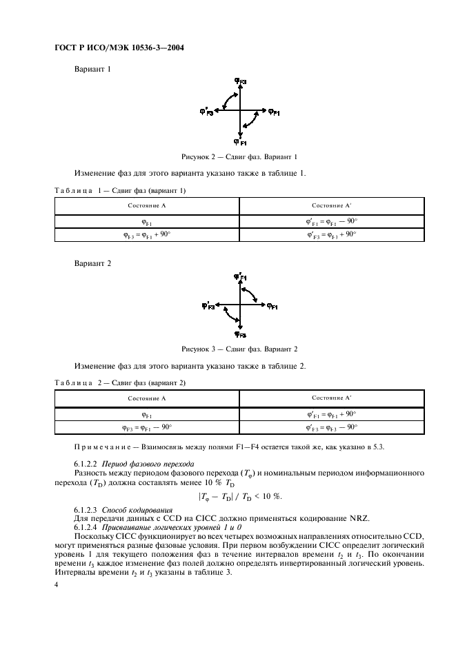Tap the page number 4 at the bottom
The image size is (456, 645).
tap(56, 584)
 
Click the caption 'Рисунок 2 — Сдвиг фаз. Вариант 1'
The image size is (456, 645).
tap(239, 156)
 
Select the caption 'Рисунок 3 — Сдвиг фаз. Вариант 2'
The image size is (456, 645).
tap(239, 349)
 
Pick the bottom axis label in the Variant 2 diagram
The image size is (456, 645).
tap(239, 334)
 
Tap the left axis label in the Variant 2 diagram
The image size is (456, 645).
tap(208, 304)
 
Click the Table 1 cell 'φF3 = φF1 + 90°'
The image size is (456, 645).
tap(146, 234)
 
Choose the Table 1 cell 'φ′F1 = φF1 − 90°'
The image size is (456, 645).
tap(331, 221)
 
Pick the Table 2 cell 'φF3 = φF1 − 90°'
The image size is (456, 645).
tap(146, 427)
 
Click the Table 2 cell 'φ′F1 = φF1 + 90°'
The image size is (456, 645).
tap(331, 414)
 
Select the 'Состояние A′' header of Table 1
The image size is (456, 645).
tap(331, 206)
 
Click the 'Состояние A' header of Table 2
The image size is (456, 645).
tap(146, 398)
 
